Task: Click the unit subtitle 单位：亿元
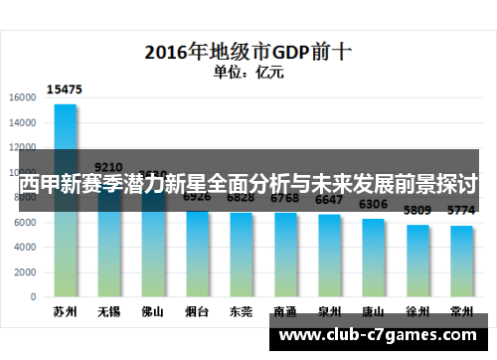click(x=248, y=72)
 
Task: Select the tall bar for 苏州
click(x=66, y=199)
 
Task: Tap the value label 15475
click(x=66, y=90)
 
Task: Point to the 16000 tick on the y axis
click(x=23, y=97)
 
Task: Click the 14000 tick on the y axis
click(x=23, y=123)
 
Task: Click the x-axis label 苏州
click(x=66, y=310)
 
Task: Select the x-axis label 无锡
click(x=108, y=310)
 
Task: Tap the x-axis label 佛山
click(x=152, y=310)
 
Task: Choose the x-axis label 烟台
click(x=196, y=310)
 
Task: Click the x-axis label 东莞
click(x=240, y=310)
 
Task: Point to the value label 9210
click(x=108, y=167)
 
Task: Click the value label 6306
click(x=373, y=204)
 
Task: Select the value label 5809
click(x=416, y=211)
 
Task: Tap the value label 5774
click(x=460, y=211)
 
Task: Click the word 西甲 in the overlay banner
click(x=41, y=185)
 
